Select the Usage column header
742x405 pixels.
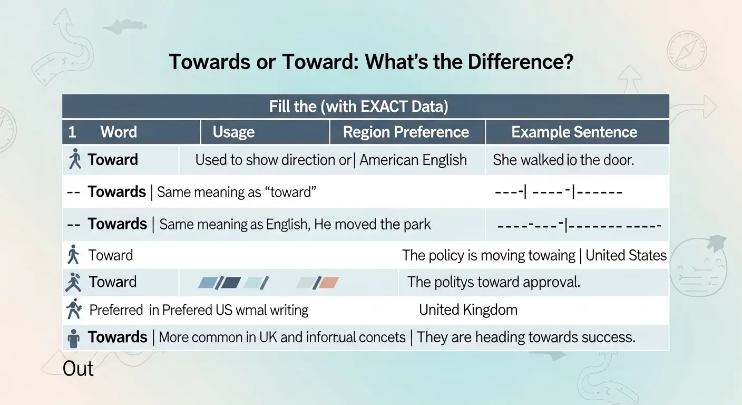tap(233, 132)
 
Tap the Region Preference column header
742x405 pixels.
tap(406, 132)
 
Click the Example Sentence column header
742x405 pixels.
tap(574, 132)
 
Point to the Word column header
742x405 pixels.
tap(119, 132)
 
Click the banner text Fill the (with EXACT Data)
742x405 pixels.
tap(358, 107)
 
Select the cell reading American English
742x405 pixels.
tap(413, 160)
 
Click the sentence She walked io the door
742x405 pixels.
tap(563, 160)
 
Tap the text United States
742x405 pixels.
tap(626, 255)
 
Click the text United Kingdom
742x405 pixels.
tap(468, 310)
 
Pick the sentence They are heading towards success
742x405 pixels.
tap(526, 337)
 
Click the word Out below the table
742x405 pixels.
tap(78, 369)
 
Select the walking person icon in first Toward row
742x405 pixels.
tap(75, 159)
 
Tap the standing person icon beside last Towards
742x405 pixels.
tap(74, 338)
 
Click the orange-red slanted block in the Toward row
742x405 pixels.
tap(327, 283)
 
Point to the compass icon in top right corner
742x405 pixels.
tap(686, 51)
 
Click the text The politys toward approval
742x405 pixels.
tap(493, 282)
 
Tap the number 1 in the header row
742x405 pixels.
tap(72, 132)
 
